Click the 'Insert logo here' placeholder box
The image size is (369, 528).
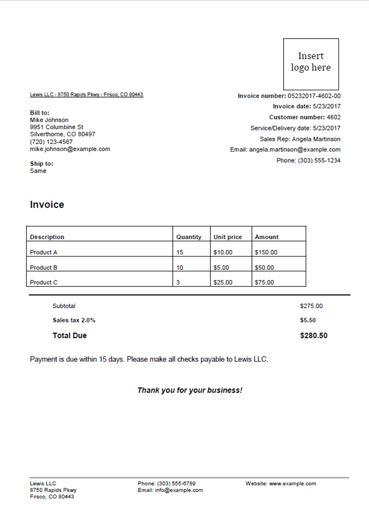(311, 63)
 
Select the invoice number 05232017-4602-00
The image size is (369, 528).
(314, 96)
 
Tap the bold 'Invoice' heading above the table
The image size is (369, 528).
(47, 205)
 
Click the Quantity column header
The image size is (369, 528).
(189, 237)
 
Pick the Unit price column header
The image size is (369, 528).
(228, 237)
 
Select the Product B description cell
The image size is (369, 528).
(44, 268)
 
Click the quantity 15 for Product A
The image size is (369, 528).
(180, 252)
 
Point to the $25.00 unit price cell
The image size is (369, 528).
(222, 282)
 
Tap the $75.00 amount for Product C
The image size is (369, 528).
(264, 282)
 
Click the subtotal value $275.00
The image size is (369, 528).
(311, 306)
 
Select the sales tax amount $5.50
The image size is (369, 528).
(308, 320)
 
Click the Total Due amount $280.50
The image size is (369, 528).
(313, 335)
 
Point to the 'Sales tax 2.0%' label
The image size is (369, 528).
(74, 320)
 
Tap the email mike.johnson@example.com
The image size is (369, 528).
(70, 149)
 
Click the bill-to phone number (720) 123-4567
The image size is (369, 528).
(52, 142)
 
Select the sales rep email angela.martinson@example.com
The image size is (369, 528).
(295, 149)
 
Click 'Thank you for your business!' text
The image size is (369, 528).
(190, 390)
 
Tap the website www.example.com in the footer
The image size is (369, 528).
(293, 484)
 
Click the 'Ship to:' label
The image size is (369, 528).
(42, 164)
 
